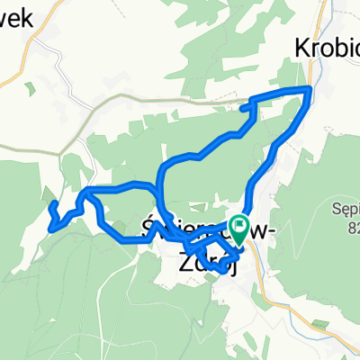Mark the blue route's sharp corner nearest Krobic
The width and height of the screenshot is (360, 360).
311,88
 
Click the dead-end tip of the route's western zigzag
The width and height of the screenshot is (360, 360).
50,206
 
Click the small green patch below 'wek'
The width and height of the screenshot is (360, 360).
32,89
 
